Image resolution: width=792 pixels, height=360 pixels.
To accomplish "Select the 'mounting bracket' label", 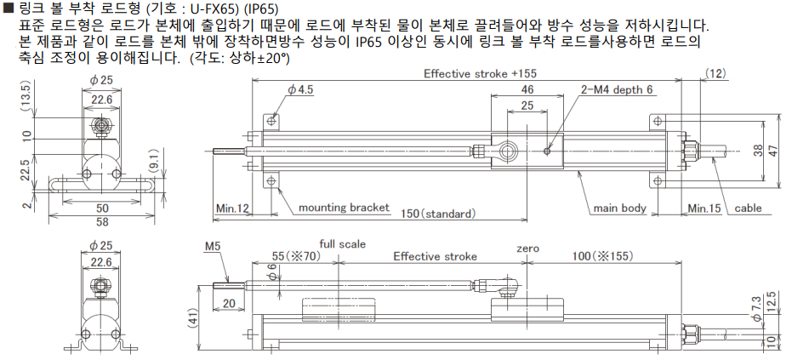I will tap(344, 208).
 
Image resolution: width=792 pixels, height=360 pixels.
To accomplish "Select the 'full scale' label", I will tap(342, 244).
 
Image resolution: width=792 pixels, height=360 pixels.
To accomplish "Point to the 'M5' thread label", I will tap(212, 247).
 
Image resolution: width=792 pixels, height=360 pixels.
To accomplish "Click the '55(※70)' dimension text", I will tap(296, 256).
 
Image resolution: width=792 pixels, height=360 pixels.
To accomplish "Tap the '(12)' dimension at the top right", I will tap(716, 74).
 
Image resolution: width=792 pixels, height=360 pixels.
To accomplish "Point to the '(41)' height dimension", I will tap(193, 320).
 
